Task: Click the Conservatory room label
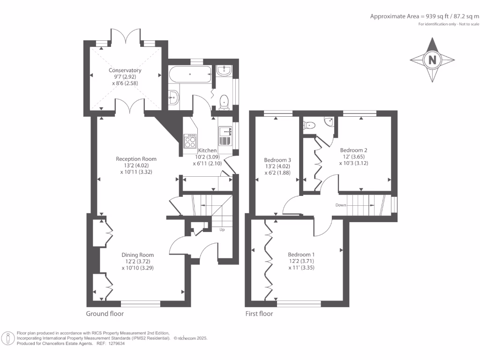(x=125, y=70)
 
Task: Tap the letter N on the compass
(x=432, y=60)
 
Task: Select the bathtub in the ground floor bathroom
(x=190, y=74)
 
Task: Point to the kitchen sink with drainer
(x=225, y=136)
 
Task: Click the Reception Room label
(x=136, y=159)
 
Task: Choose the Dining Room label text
(x=138, y=255)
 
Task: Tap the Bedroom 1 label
(x=301, y=255)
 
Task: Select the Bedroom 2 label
(x=353, y=150)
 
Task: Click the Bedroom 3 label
(x=277, y=160)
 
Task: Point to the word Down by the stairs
(x=341, y=205)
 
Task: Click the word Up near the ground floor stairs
(x=222, y=230)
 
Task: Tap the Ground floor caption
(x=105, y=314)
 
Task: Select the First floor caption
(x=259, y=314)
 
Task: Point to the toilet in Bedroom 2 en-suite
(x=309, y=125)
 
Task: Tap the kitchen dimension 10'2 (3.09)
(x=208, y=157)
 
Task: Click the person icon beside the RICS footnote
(x=8, y=338)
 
